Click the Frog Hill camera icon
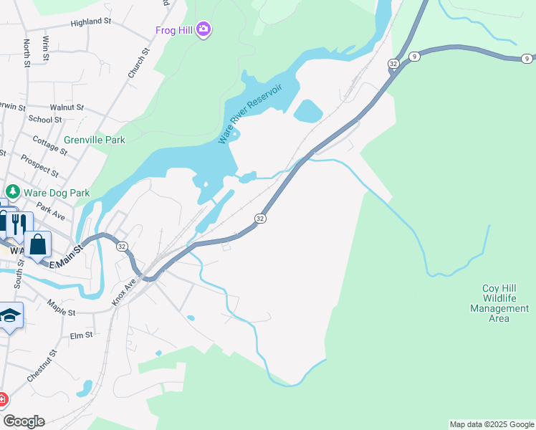click(x=204, y=29)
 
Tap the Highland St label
click(x=91, y=22)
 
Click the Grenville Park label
click(x=94, y=140)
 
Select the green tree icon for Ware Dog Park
click(x=12, y=192)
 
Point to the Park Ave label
click(x=51, y=209)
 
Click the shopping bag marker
click(x=37, y=244)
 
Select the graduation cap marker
click(x=10, y=315)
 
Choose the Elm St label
click(x=81, y=335)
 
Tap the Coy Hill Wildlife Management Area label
click(x=499, y=303)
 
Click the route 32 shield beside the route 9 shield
click(x=393, y=64)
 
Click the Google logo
click(x=24, y=421)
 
